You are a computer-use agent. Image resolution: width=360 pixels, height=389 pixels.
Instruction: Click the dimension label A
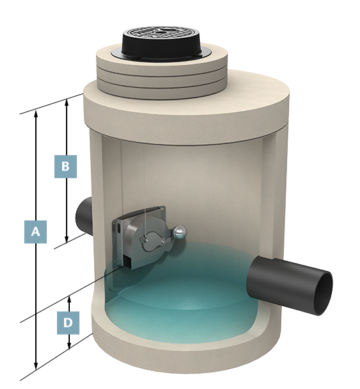[x=35, y=232]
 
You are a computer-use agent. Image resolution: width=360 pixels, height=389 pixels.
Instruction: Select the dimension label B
[x=65, y=166]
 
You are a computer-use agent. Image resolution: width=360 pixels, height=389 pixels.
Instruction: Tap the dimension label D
[x=68, y=323]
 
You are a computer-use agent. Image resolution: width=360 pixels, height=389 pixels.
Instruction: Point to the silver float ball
[x=179, y=232]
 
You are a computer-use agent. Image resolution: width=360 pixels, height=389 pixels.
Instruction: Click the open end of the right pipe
[x=323, y=294]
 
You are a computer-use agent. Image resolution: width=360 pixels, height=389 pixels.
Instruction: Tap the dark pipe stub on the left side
[x=85, y=216]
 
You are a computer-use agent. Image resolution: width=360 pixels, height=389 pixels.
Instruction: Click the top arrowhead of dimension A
[x=37, y=113]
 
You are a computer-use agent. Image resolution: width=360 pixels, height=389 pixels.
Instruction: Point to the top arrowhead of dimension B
[x=67, y=102]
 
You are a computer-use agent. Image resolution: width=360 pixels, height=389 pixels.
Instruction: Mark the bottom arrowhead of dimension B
[x=67, y=240]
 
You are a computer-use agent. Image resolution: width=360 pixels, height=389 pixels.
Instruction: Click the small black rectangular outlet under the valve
[x=127, y=262]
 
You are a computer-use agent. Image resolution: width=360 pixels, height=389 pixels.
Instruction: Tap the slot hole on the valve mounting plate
[x=119, y=228]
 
